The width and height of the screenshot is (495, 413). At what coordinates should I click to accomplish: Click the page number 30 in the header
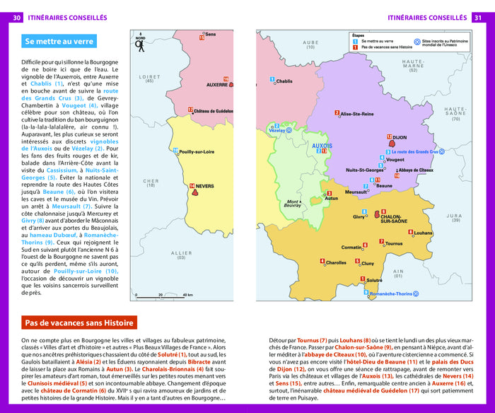pos(16,17)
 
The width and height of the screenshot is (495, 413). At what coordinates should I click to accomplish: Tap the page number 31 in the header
pos(478,17)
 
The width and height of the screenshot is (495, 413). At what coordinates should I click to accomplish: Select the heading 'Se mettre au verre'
pos(59,42)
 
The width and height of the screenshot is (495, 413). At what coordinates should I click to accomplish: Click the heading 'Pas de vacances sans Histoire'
pos(79,323)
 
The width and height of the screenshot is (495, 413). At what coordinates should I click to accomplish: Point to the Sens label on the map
pos(210,34)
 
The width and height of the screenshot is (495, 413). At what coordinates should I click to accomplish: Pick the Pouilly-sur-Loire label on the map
pos(197,151)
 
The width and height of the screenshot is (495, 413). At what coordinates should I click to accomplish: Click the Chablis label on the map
pos(284,81)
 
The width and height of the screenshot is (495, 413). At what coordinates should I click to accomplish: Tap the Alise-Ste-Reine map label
pos(356,113)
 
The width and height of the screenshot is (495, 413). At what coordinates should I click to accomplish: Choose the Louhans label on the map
pos(423,233)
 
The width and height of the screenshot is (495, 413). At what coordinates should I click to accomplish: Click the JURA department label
pos(453,216)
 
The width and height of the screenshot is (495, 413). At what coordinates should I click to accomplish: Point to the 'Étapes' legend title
pos(359,35)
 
